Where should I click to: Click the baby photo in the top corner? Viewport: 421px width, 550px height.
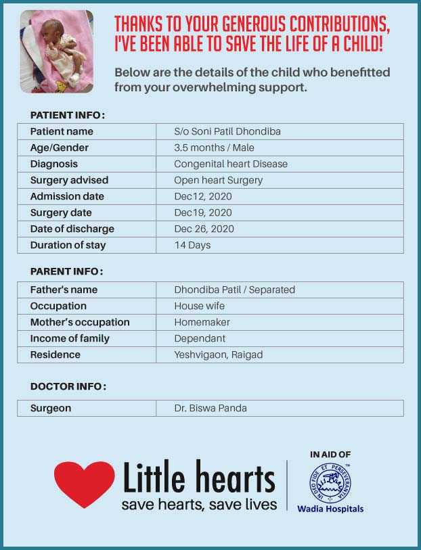56,51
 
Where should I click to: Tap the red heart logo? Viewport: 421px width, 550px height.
84,483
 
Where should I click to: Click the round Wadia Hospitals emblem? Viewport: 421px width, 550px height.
330,483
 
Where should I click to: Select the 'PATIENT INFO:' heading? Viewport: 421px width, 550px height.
68,115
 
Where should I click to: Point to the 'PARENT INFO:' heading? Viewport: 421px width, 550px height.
66,271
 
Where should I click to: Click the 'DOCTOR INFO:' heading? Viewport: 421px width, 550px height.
68,386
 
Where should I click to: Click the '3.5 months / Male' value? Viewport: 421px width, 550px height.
214,147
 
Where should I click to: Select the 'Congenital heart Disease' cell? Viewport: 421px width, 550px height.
231,164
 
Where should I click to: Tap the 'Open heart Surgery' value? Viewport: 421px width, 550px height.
218,180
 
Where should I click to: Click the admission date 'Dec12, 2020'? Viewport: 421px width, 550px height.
203,196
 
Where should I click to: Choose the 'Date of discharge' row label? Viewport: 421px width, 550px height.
72,229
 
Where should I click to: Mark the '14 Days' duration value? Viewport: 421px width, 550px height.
192,245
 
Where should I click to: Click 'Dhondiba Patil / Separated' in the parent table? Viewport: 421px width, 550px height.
234,290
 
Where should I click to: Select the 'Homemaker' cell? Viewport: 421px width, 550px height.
202,322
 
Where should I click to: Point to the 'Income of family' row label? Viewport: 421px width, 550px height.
70,338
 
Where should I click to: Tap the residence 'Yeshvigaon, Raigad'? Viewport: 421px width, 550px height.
218,354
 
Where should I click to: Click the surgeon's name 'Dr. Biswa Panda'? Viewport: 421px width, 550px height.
210,408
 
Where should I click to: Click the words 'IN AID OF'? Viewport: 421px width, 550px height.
330,455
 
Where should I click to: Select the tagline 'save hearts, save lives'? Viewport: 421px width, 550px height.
199,505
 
